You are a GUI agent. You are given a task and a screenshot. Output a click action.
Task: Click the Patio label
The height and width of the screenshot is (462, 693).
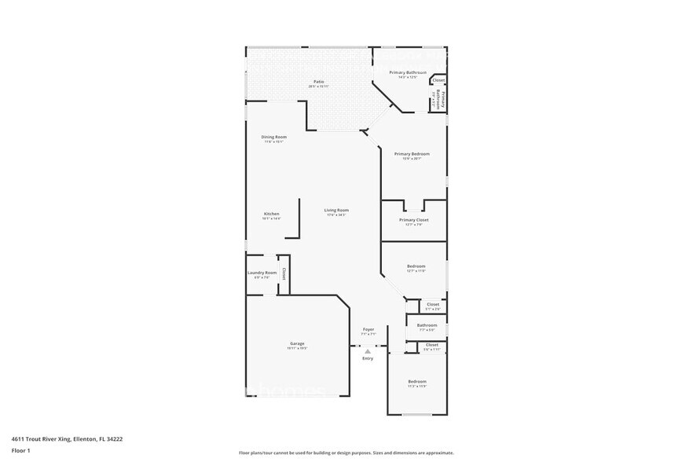[x=319, y=82]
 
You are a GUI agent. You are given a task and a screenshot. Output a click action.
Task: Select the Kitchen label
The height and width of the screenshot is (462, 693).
[x=271, y=214]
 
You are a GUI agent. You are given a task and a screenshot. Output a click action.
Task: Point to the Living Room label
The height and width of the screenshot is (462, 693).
[x=338, y=210]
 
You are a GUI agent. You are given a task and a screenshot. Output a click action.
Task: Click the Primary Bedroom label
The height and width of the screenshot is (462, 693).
[x=412, y=154]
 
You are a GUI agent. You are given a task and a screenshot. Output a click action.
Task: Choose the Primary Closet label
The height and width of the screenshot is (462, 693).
[x=413, y=220]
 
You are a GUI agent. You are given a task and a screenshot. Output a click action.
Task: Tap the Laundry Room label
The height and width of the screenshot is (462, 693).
[x=262, y=273]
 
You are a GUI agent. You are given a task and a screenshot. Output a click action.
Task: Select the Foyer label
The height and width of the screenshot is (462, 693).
[x=368, y=329]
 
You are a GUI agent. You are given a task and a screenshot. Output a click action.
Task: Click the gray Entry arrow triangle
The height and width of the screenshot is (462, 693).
[x=368, y=351]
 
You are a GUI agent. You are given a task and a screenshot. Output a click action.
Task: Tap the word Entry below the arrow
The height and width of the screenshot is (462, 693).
[x=368, y=358]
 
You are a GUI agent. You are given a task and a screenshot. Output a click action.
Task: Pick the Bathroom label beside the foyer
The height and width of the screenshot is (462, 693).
[x=427, y=325]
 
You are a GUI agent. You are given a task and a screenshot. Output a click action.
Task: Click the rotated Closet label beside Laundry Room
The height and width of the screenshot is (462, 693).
[x=284, y=274]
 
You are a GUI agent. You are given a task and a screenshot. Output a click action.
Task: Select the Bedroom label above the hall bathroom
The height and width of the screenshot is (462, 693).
[x=416, y=266]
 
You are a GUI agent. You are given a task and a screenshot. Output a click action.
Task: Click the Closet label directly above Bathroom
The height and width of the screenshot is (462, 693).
[x=433, y=304]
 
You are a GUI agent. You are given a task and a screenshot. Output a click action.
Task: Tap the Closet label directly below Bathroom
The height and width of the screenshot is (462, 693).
[x=431, y=344]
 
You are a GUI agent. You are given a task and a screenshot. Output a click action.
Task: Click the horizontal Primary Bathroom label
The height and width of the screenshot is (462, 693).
[x=408, y=72]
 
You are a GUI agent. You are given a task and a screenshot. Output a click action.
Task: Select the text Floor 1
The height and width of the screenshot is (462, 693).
[x=21, y=451]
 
